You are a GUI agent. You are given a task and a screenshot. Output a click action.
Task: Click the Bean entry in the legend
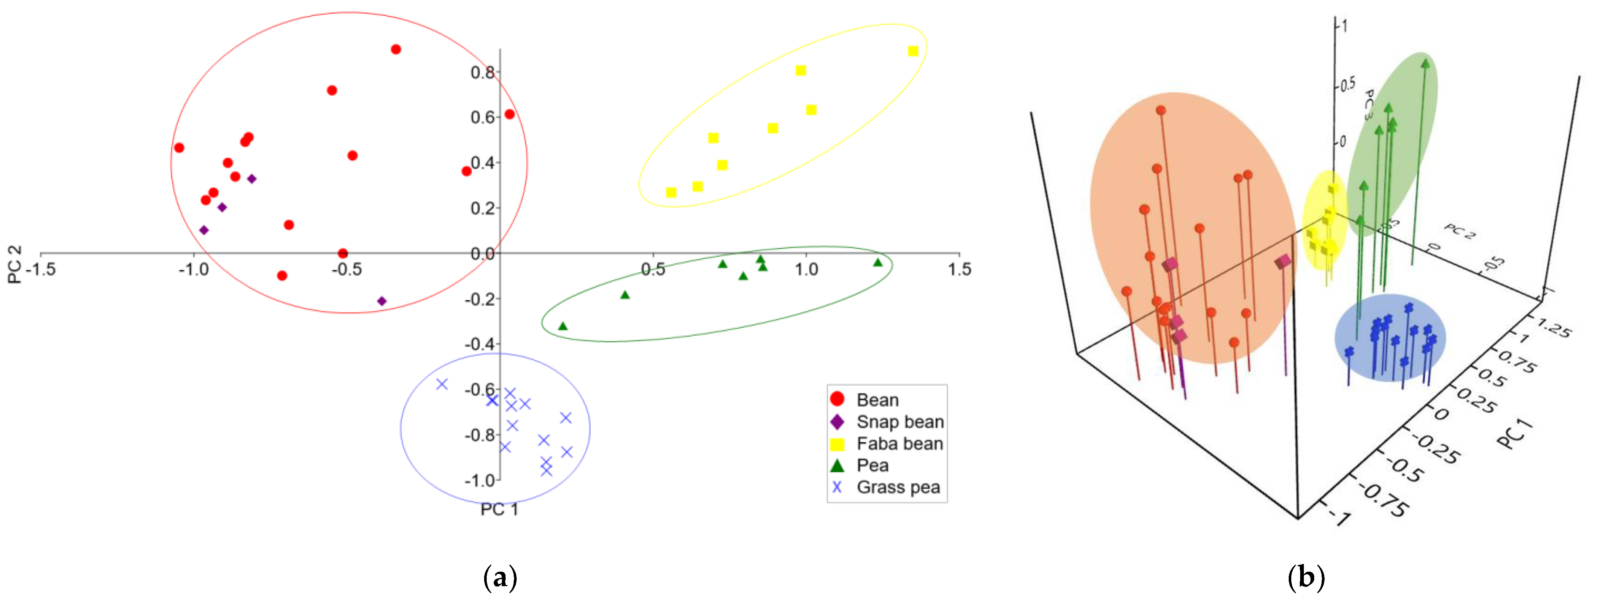click(x=876, y=400)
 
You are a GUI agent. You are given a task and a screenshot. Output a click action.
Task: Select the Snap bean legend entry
click(x=899, y=422)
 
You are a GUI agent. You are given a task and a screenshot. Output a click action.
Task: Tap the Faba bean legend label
click(x=899, y=444)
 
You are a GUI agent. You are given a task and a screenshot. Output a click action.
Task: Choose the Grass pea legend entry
click(x=897, y=487)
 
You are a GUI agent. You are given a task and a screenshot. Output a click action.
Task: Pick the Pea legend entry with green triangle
click(x=872, y=465)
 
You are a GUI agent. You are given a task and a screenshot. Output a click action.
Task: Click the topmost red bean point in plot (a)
click(x=396, y=49)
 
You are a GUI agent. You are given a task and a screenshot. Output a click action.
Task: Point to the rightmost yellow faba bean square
click(x=913, y=51)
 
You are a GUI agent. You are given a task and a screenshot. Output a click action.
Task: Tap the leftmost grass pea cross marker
click(x=442, y=384)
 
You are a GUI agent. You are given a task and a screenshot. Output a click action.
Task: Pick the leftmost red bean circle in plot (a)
click(x=179, y=148)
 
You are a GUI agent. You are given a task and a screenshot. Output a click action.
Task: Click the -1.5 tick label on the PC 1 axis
click(x=41, y=269)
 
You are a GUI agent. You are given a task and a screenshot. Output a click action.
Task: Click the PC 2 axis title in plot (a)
click(x=14, y=264)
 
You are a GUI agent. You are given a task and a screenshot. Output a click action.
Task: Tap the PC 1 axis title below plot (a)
click(x=499, y=509)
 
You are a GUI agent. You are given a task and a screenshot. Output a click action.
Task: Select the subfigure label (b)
click(x=1306, y=578)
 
